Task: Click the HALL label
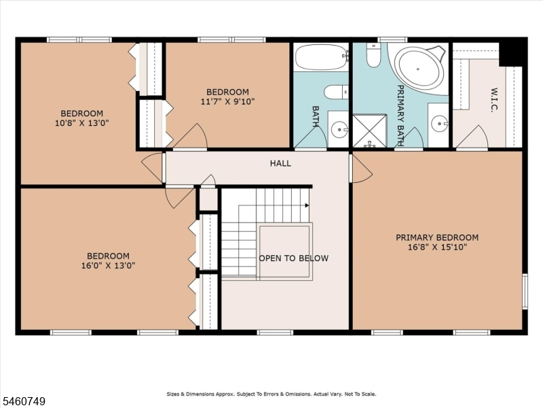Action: tap(280, 163)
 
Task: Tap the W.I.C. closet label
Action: tap(494, 100)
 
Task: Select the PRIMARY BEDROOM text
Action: tap(437, 237)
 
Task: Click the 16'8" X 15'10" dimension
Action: tap(437, 247)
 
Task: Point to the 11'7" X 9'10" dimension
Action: tap(227, 101)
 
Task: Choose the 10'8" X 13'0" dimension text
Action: tap(81, 123)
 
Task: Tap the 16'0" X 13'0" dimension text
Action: tap(108, 266)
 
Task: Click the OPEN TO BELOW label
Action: tap(294, 258)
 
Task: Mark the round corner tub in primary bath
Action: tap(420, 68)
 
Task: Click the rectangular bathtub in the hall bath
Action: tap(321, 57)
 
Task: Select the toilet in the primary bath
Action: tap(373, 56)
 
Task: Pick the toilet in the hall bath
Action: tap(336, 92)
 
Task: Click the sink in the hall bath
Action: tap(339, 130)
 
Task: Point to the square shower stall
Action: tap(369, 131)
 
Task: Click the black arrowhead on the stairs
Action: tap(307, 205)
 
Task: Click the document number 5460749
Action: tap(23, 401)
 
